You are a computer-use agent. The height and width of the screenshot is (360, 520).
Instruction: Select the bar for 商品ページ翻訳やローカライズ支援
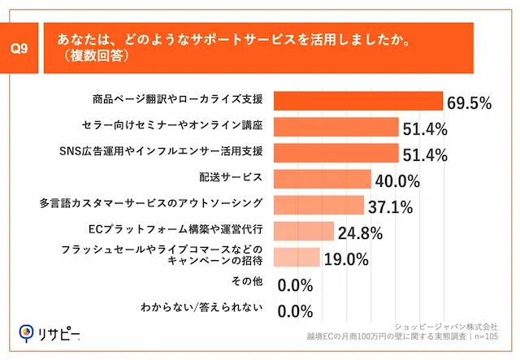click(x=357, y=101)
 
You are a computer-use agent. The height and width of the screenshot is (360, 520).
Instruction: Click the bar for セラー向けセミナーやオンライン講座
click(x=336, y=127)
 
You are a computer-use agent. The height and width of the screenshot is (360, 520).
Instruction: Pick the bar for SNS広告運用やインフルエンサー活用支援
click(x=336, y=153)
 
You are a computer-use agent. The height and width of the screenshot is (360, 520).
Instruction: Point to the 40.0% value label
click(x=396, y=180)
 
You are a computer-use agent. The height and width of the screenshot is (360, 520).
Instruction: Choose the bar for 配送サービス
click(x=322, y=179)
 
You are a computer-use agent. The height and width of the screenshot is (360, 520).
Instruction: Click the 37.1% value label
click(x=389, y=206)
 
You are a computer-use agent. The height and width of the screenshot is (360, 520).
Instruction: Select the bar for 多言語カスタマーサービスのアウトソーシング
click(x=318, y=205)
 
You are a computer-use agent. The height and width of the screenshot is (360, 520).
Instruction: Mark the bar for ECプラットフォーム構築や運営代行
click(x=303, y=231)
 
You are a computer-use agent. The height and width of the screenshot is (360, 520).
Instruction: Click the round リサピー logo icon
click(x=26, y=332)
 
